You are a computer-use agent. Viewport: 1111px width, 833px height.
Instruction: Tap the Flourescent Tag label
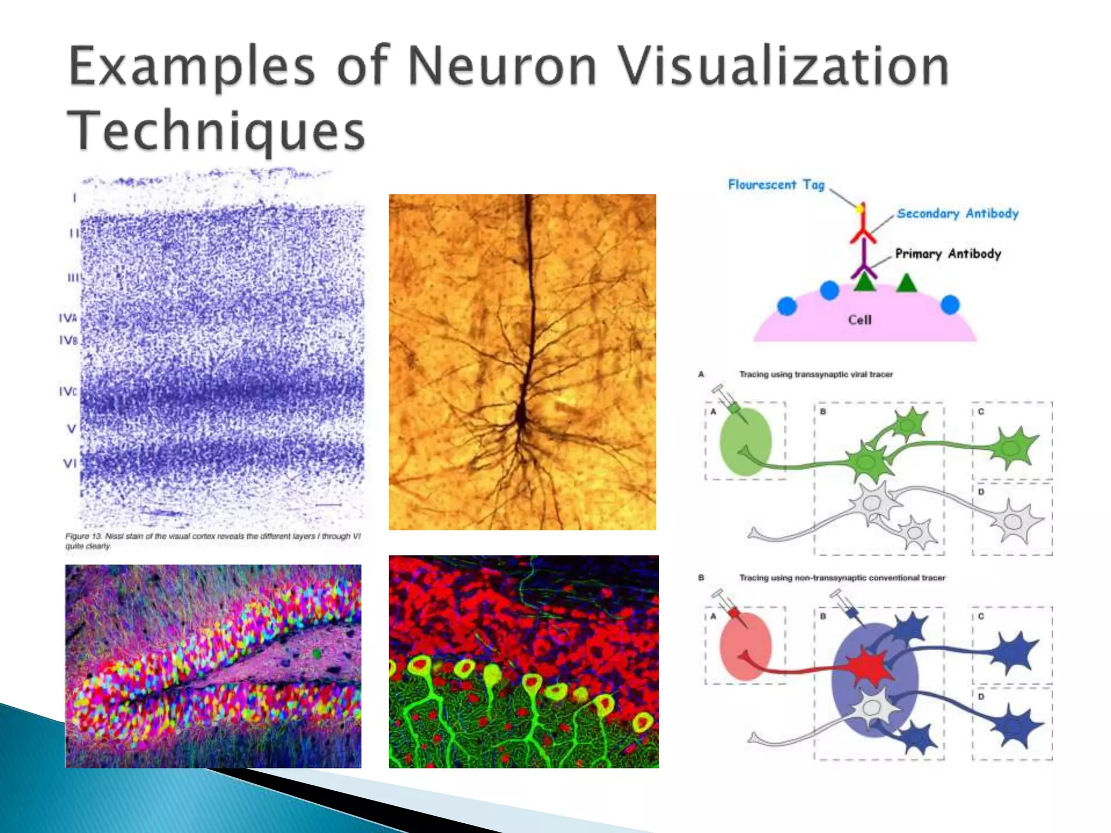tap(776, 185)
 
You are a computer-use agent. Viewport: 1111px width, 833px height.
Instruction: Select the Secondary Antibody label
tap(957, 214)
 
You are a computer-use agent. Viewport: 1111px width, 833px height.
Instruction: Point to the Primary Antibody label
tap(948, 254)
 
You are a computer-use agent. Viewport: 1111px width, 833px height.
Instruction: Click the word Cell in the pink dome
tap(859, 320)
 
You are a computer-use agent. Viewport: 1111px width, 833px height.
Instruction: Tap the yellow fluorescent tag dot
tap(860, 208)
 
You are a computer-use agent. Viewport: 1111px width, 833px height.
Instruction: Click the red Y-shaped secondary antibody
tap(863, 230)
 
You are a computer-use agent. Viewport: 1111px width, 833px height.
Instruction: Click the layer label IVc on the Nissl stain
tap(68, 391)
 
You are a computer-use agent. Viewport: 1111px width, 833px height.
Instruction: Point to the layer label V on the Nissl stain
tap(71, 428)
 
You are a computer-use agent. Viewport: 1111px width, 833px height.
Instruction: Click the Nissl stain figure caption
tap(213, 541)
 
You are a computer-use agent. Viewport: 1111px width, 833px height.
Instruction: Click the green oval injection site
tap(745, 442)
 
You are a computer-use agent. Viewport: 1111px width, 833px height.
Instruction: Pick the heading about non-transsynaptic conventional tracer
tap(841, 578)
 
